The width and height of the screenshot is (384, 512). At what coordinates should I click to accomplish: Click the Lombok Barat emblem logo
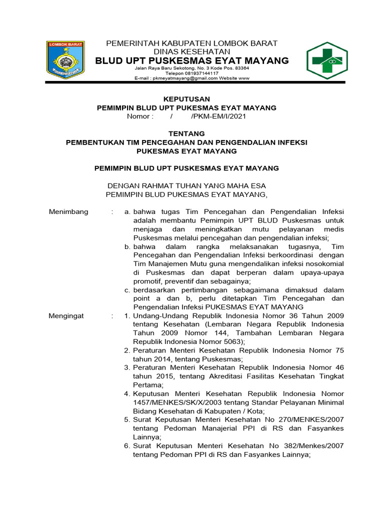click(x=65, y=59)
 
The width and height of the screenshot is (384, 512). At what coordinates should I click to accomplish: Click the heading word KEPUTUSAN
click(x=185, y=99)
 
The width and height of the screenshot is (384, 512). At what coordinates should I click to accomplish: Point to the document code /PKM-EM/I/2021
click(x=218, y=116)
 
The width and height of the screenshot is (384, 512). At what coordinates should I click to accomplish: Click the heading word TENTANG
click(x=186, y=133)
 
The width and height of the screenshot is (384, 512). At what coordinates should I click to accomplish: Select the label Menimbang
click(x=68, y=211)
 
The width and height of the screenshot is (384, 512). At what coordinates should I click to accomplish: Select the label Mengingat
click(x=66, y=315)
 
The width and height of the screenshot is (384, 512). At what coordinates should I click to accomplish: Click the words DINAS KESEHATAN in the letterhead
click(x=192, y=51)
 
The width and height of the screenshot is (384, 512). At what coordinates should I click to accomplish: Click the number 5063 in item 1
click(x=233, y=341)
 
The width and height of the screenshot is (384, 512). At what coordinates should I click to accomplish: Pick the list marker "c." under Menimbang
click(x=128, y=289)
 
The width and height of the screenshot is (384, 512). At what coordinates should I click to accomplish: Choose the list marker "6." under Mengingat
click(x=127, y=446)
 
